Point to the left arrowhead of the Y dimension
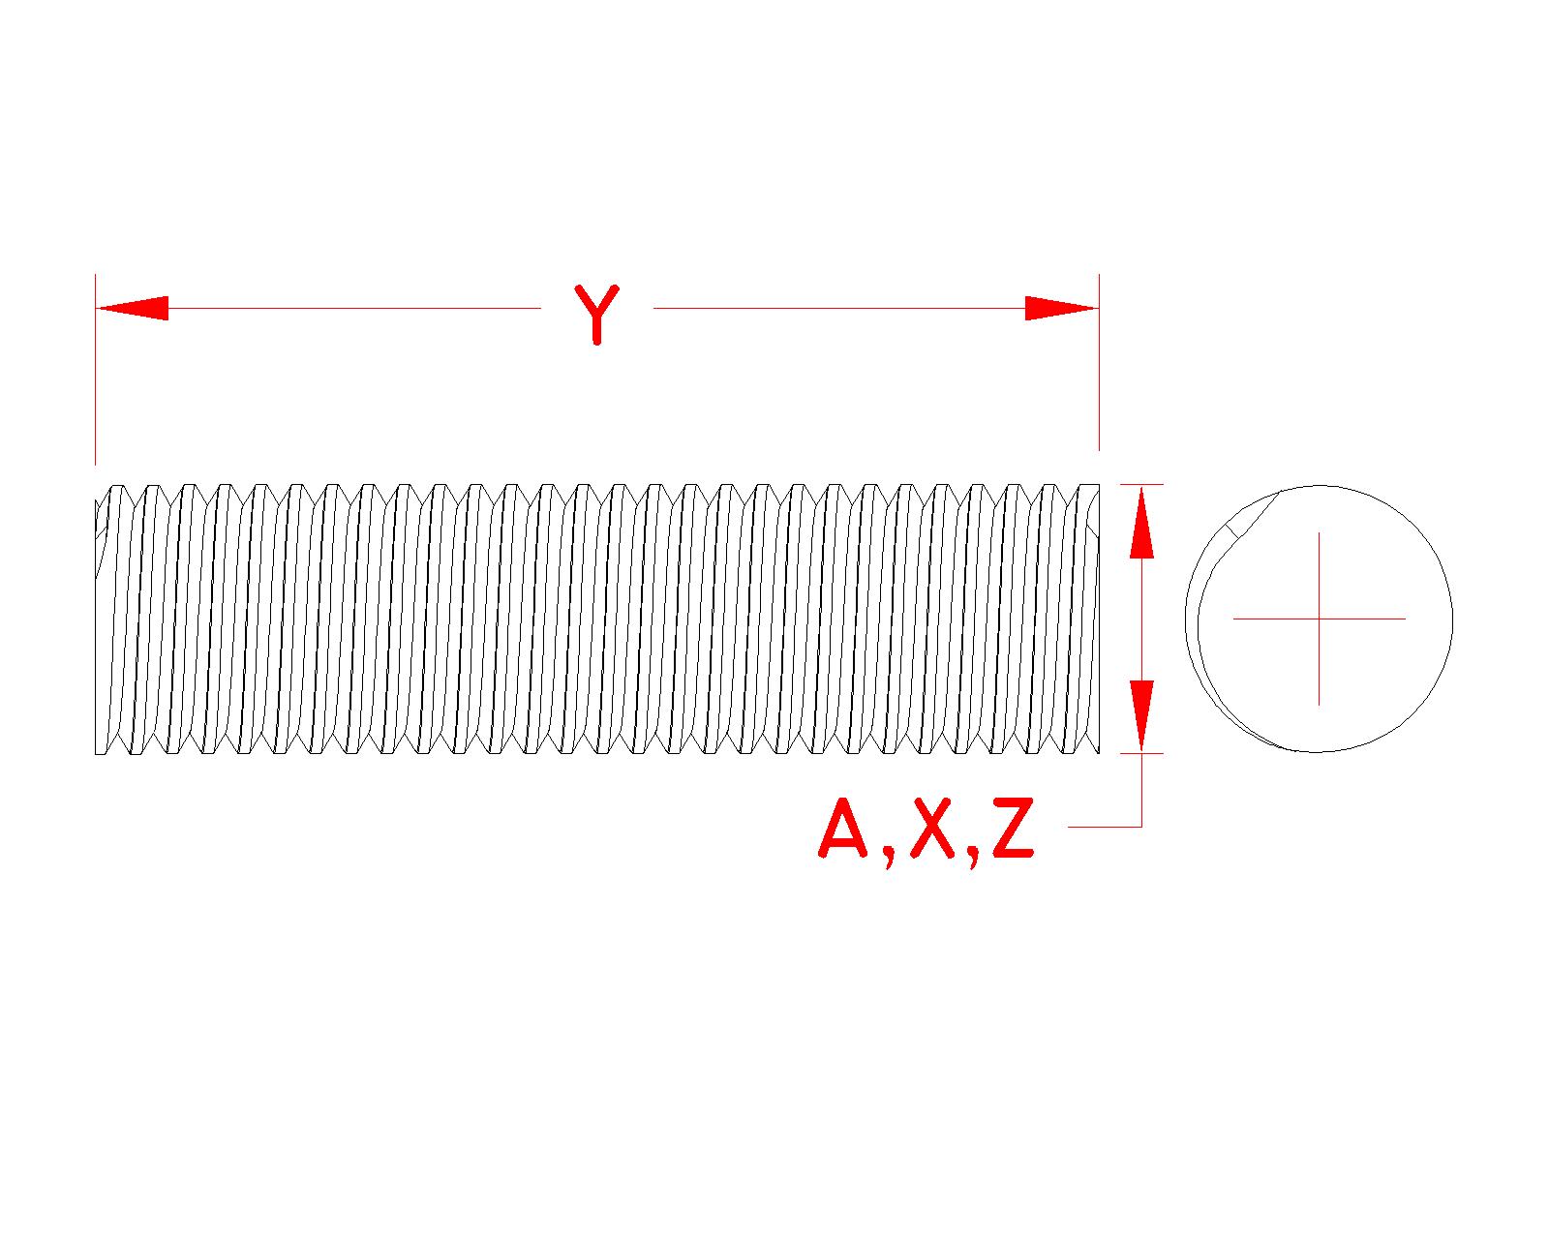[132, 309]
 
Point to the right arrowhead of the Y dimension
[1061, 309]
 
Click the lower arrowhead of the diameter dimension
[1142, 716]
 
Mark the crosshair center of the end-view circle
[1319, 618]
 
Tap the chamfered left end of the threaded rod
[101, 542]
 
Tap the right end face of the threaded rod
[1097, 619]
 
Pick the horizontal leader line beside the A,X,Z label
[1104, 827]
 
